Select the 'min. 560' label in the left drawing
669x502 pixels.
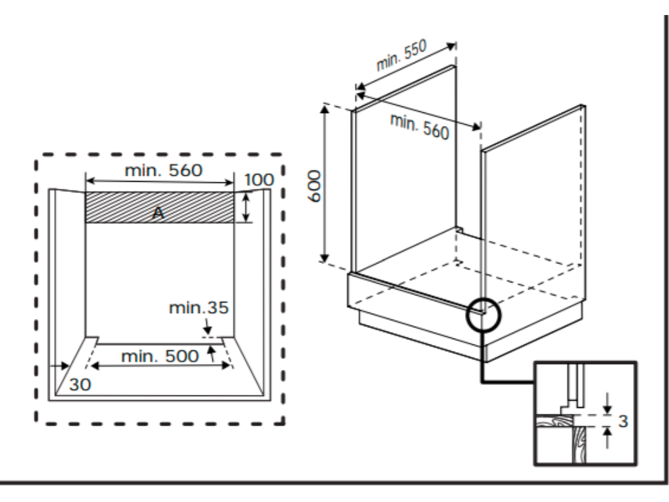164,171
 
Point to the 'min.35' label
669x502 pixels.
199,308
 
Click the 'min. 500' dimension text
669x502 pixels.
160,356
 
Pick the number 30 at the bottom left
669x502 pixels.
80,385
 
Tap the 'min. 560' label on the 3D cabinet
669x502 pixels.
420,126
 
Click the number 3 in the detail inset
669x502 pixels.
623,421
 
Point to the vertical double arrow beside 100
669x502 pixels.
246,207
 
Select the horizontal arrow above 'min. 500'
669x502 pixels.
160,367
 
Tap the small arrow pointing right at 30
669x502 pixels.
63,366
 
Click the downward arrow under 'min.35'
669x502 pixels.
206,326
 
